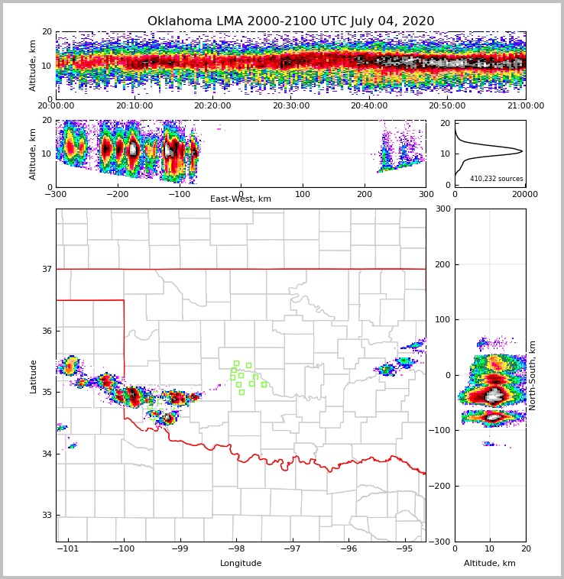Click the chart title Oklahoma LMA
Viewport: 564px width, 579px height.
tap(290, 21)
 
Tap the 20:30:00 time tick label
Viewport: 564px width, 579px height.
tap(290, 106)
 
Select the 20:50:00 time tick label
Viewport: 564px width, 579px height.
tap(447, 106)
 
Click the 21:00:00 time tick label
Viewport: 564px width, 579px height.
tap(526, 106)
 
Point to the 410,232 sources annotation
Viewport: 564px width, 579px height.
tap(497, 179)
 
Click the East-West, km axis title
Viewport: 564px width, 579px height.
tap(241, 199)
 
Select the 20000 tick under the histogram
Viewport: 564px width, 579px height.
tap(524, 194)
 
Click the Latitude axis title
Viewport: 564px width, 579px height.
tap(34, 376)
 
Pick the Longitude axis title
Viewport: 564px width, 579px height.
tap(241, 564)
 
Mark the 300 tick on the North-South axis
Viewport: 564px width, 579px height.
tap(442, 209)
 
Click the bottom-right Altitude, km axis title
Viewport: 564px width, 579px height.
tap(490, 564)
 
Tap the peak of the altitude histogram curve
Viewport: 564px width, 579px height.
tap(522, 151)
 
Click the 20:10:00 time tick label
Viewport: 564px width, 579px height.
tap(134, 106)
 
